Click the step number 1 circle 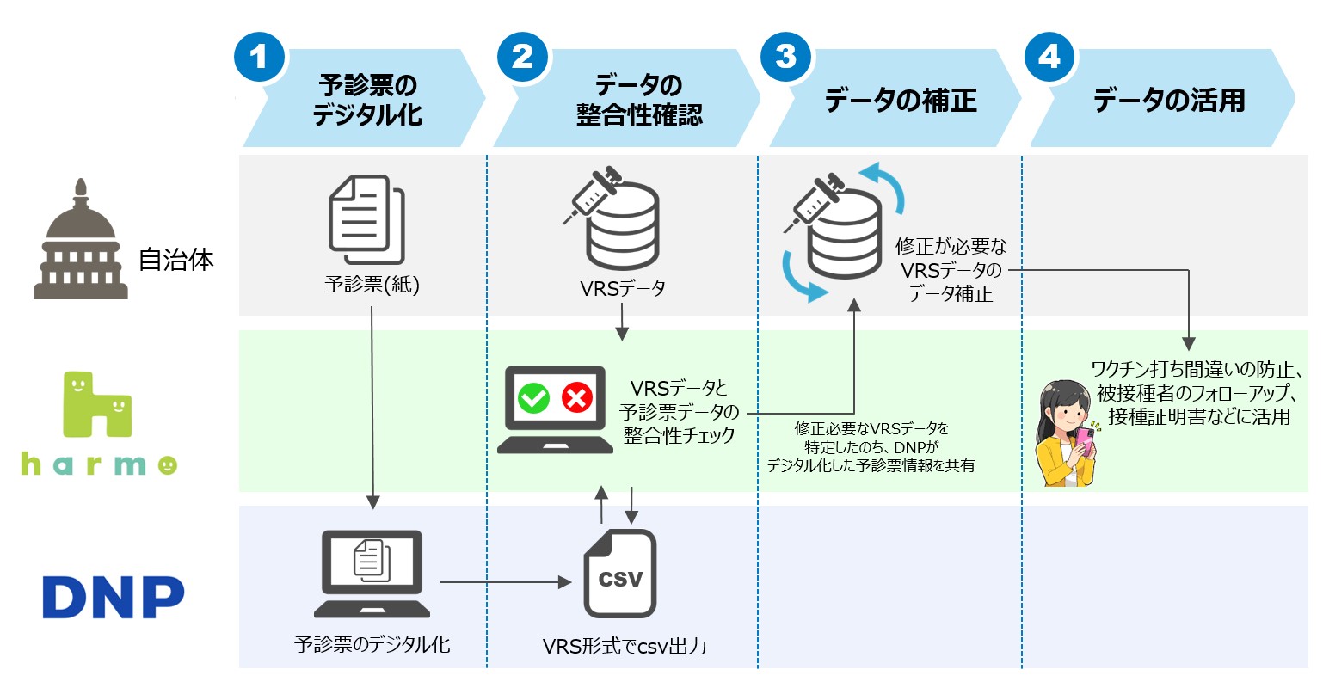(x=259, y=57)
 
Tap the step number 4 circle (x=1049, y=57)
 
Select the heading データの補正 (x=901, y=101)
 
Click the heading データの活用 (x=1169, y=101)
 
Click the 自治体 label (x=176, y=260)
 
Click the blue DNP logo (x=114, y=597)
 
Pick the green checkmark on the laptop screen (x=533, y=398)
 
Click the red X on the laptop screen (x=576, y=398)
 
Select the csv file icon (x=620, y=574)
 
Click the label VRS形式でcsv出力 (x=625, y=646)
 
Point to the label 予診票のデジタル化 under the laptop (x=372, y=644)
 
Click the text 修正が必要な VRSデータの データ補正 (x=950, y=270)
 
